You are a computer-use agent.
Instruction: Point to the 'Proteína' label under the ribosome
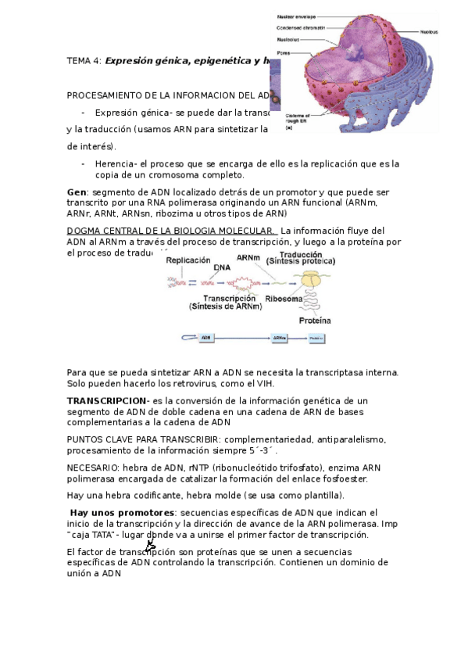314,320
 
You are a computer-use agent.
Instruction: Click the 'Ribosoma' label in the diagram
284,298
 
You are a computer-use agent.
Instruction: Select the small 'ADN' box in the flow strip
206,338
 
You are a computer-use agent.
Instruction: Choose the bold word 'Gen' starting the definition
76,192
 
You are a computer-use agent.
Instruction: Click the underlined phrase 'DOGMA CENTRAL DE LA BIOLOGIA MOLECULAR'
171,231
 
